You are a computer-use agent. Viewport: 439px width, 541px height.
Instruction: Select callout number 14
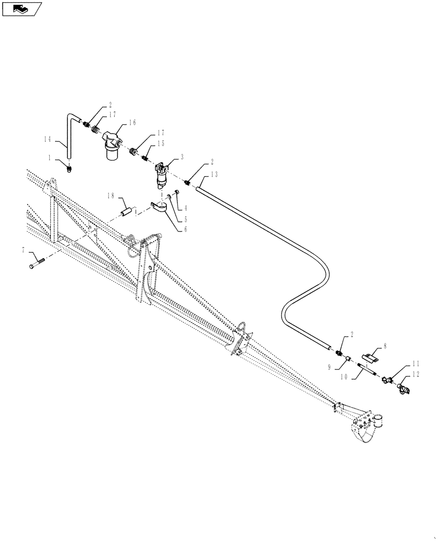click(x=47, y=139)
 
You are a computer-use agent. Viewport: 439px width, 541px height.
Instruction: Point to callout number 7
click(x=23, y=250)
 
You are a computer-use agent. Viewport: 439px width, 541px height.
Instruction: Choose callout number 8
click(x=384, y=344)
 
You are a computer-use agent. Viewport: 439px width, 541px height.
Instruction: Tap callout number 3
click(x=182, y=156)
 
